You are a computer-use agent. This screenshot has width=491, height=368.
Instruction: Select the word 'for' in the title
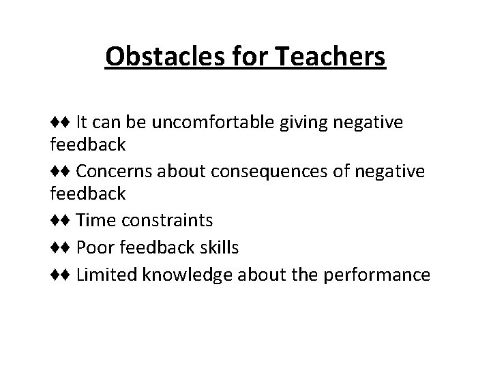(x=249, y=57)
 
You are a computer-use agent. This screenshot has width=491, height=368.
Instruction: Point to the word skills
(x=218, y=247)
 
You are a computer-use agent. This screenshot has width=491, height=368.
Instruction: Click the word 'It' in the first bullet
(x=81, y=123)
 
